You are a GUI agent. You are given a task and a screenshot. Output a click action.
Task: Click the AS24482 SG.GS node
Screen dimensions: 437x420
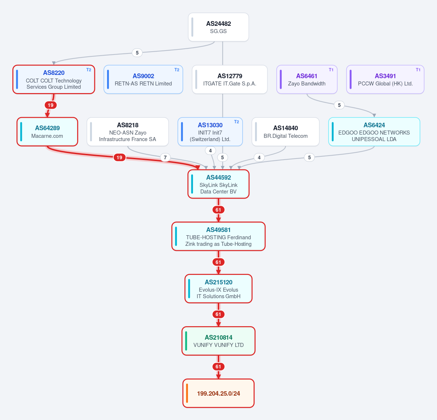(218, 27)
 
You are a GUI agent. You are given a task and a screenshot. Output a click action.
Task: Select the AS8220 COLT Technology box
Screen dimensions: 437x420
(54, 79)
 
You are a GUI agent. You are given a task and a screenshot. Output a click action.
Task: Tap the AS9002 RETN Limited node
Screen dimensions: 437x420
(143, 79)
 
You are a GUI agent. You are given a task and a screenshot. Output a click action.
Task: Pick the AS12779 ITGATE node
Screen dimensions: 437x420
(229, 79)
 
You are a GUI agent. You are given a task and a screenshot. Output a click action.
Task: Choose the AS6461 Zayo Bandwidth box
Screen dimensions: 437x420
(307, 79)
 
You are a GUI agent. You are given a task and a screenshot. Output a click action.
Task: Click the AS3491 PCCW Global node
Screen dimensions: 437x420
(385, 79)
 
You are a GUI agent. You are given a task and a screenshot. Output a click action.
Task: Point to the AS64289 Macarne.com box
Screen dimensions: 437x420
(47, 132)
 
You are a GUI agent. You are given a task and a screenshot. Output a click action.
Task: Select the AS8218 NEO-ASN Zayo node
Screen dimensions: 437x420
(127, 132)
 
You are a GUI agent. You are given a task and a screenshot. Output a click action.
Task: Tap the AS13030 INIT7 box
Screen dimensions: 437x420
(210, 132)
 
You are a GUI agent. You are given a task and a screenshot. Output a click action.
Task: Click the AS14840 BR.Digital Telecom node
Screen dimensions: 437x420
(286, 132)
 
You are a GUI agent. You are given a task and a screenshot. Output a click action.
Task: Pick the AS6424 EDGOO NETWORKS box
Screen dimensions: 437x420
(374, 132)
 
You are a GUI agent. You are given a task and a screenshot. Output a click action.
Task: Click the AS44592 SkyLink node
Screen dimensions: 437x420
(218, 184)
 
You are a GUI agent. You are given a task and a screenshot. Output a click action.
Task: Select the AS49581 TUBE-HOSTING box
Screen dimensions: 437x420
(218, 236)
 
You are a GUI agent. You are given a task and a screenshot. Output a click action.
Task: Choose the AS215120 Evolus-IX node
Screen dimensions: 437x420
(218, 289)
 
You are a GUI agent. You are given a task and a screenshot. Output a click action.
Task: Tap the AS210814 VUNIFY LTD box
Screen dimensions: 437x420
(218, 341)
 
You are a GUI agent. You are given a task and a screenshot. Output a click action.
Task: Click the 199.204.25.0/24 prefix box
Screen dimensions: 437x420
(218, 393)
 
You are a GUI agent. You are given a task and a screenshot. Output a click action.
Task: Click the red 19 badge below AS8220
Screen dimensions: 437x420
(51, 105)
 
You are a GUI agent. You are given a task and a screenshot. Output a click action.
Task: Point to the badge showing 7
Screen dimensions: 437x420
(165, 157)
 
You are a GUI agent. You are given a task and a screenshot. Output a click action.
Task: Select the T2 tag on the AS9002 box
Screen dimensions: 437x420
(177, 70)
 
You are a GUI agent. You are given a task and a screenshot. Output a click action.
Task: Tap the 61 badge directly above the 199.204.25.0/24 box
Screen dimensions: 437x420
(218, 367)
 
